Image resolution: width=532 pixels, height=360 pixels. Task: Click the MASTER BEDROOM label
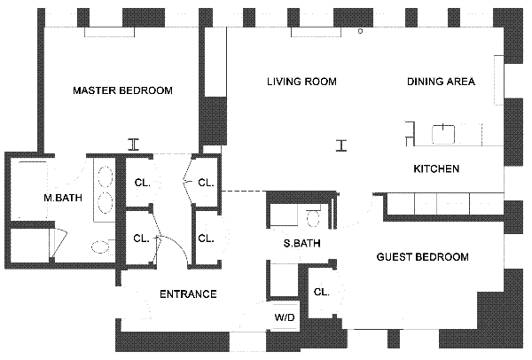(123, 90)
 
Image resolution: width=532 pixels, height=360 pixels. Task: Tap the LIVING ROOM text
(301, 82)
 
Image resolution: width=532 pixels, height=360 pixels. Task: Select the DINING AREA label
(441, 82)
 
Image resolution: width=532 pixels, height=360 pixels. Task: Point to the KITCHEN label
(436, 168)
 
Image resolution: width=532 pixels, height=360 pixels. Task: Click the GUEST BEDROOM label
(423, 257)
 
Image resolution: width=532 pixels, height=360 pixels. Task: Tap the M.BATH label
(63, 198)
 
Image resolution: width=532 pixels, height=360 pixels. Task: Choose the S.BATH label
(302, 243)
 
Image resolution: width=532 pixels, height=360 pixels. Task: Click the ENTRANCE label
(188, 294)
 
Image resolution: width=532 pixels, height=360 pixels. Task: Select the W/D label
(285, 318)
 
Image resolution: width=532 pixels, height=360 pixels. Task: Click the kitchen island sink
(443, 135)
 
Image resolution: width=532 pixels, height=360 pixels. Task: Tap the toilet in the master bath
(101, 247)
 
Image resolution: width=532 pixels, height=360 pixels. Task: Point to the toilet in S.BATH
(313, 217)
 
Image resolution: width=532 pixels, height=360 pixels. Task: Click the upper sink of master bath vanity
(106, 176)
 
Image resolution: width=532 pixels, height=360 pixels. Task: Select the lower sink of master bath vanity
(106, 203)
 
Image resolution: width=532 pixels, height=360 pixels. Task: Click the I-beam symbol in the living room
(341, 145)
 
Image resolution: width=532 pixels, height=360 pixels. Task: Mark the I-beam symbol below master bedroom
(134, 145)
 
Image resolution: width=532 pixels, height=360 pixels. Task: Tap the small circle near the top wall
(360, 31)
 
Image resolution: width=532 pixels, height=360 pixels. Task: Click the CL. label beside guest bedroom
(321, 292)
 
